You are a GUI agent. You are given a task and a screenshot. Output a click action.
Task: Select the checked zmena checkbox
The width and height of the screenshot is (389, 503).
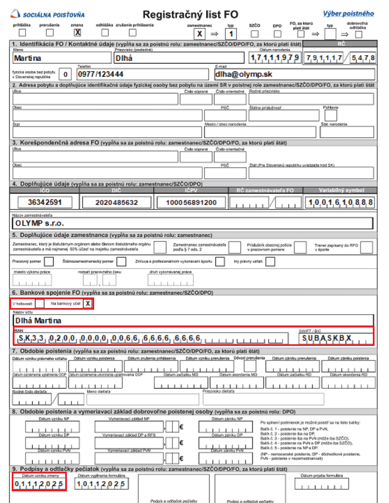point(77,33)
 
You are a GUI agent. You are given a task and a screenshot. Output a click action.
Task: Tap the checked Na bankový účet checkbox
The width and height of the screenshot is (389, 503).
point(87,304)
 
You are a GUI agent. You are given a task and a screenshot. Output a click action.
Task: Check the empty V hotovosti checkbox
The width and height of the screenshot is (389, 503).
point(40,304)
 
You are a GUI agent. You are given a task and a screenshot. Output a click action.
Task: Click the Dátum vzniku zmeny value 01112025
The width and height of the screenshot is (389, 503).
point(39,484)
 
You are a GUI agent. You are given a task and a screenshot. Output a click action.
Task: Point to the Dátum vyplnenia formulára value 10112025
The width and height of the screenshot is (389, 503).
point(100,484)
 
